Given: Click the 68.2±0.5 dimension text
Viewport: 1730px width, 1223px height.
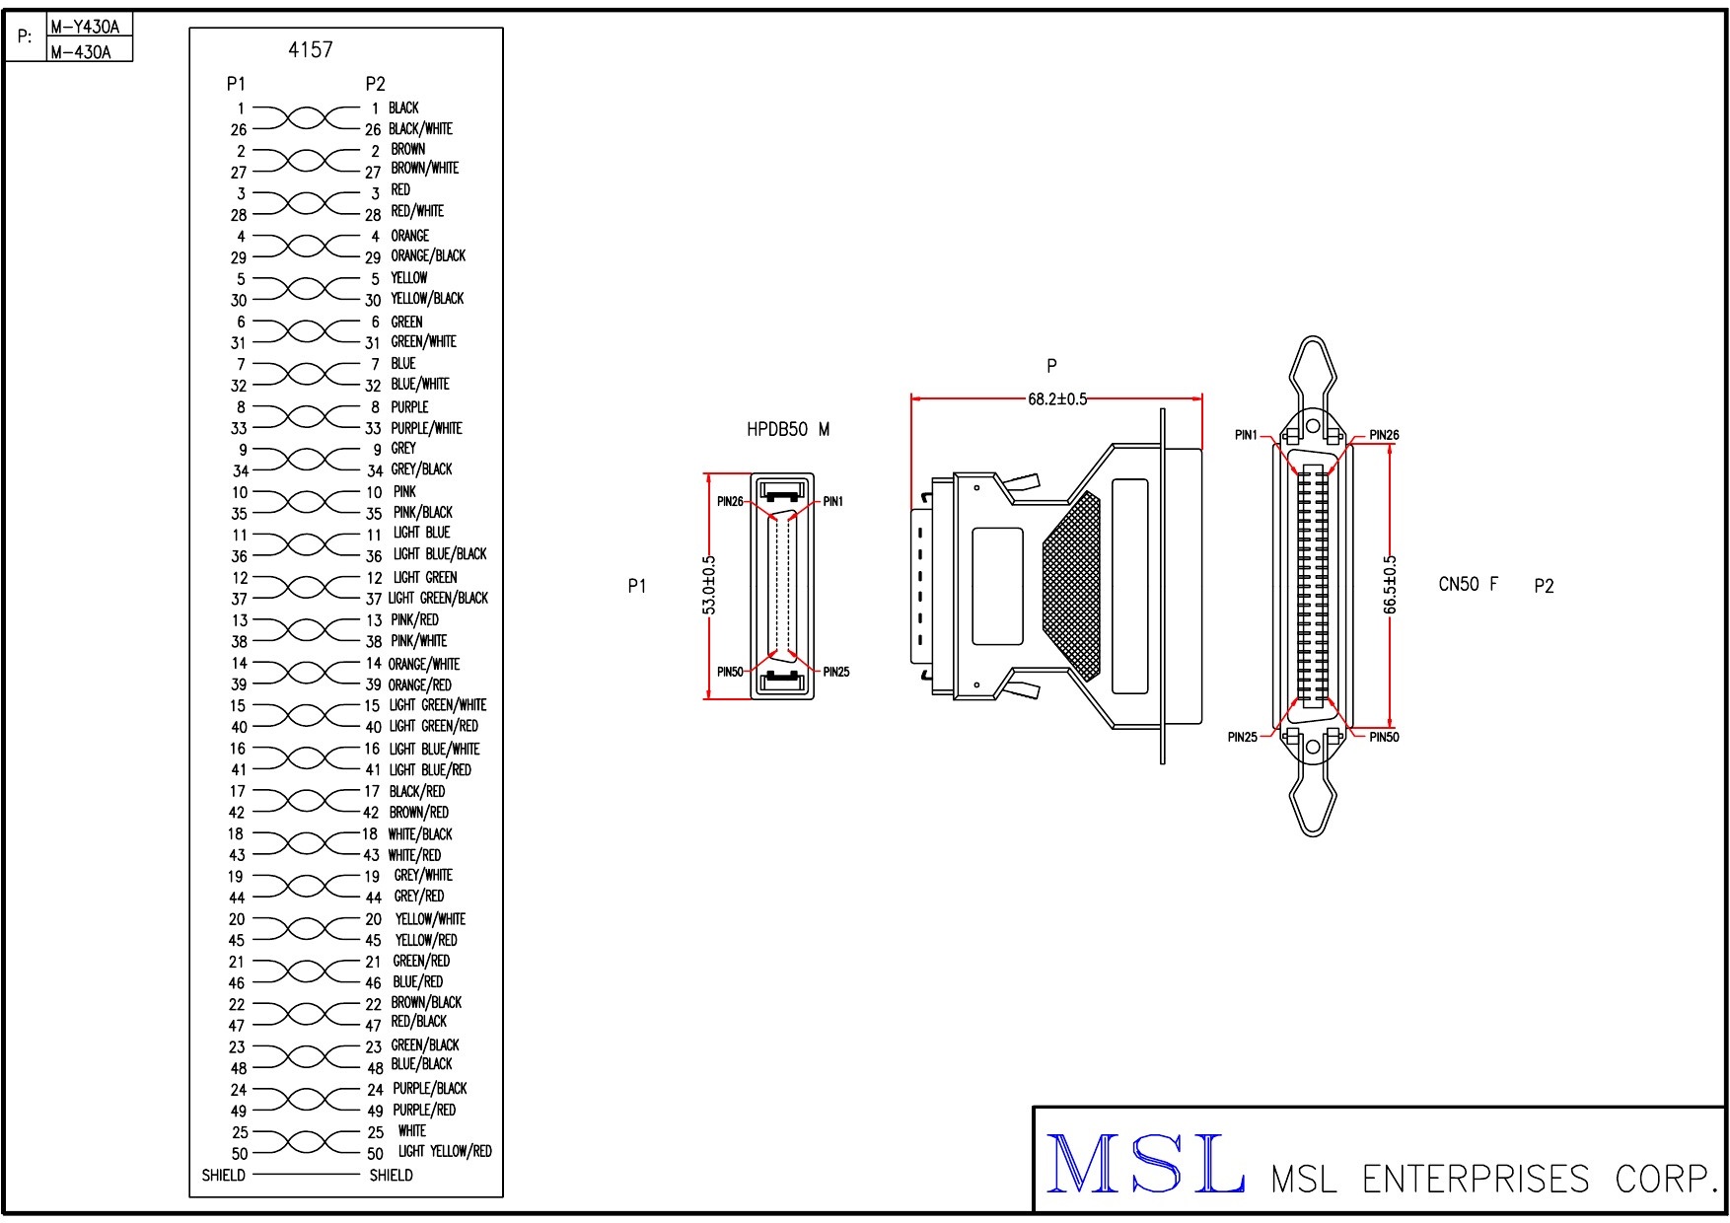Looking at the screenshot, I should point(1056,399).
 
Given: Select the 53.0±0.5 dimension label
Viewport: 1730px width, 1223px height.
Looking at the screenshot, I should point(709,585).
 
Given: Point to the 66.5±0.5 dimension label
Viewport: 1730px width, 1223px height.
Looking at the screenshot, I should point(1390,585).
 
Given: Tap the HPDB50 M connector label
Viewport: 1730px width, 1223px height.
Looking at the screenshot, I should point(787,430).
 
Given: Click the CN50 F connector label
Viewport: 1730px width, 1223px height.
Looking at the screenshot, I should point(1468,585).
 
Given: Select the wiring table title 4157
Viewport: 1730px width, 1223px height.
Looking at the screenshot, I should point(310,49).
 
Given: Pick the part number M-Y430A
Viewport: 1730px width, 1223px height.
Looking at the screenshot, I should point(85,28).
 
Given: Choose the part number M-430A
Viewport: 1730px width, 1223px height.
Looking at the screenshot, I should point(80,52).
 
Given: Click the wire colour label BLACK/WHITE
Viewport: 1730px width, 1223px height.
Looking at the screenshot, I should point(420,129).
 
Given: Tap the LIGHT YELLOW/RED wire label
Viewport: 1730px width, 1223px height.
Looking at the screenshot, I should point(444,1152).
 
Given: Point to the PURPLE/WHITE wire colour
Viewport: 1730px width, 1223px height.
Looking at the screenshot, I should point(426,428).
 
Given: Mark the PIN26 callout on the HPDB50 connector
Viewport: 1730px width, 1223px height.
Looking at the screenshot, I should point(730,502).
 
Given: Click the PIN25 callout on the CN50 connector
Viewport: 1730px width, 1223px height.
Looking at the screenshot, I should point(1242,738).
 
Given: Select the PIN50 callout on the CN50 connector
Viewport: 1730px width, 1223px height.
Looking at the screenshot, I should point(1384,738).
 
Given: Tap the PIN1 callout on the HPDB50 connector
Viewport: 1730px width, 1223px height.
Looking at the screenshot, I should point(833,502).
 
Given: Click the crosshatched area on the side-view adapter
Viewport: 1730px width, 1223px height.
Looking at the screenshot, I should point(1072,587).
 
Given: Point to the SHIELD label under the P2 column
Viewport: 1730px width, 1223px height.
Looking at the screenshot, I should point(391,1176).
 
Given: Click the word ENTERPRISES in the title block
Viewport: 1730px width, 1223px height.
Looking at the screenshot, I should point(1475,1180).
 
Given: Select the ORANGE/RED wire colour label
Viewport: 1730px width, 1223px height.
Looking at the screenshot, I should point(419,685).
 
